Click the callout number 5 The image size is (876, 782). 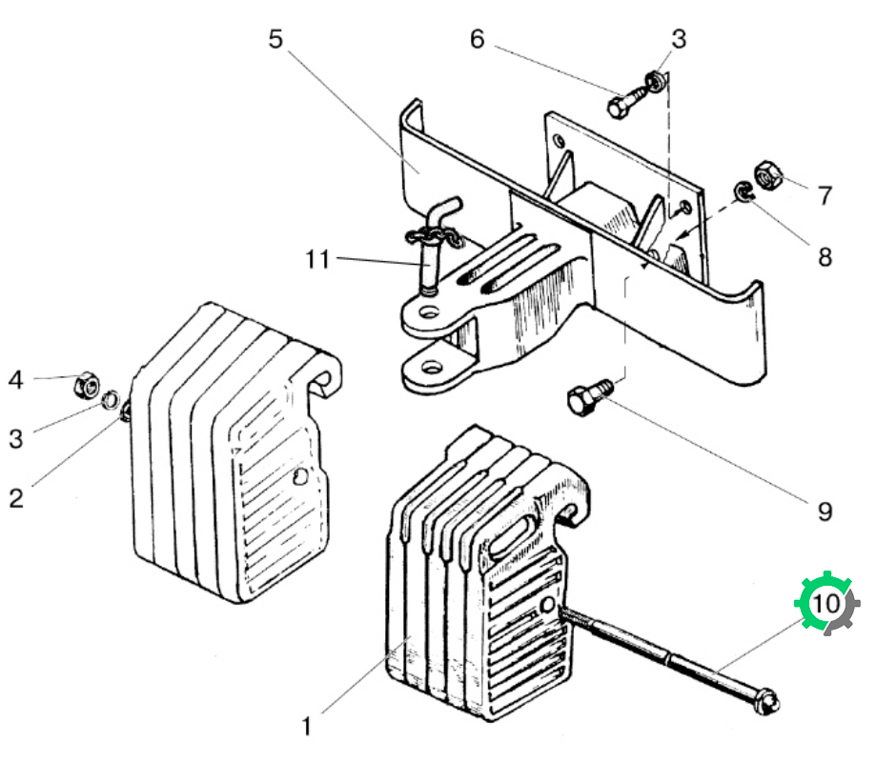point(275,39)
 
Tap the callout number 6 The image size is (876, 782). point(477,39)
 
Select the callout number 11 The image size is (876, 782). point(317,259)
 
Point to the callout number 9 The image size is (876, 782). point(825,511)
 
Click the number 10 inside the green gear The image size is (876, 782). point(825,603)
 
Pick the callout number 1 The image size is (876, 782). point(306,727)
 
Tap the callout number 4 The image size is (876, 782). point(15,380)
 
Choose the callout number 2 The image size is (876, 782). point(16,498)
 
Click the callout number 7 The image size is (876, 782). point(825,195)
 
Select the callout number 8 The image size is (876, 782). point(825,257)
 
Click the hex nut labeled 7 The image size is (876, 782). point(768,174)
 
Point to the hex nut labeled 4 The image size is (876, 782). point(87,385)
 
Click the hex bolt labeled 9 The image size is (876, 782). point(588,395)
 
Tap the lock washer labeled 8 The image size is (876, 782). point(744,192)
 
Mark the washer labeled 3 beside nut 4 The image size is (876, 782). point(110,398)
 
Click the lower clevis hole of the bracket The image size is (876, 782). point(431,368)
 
